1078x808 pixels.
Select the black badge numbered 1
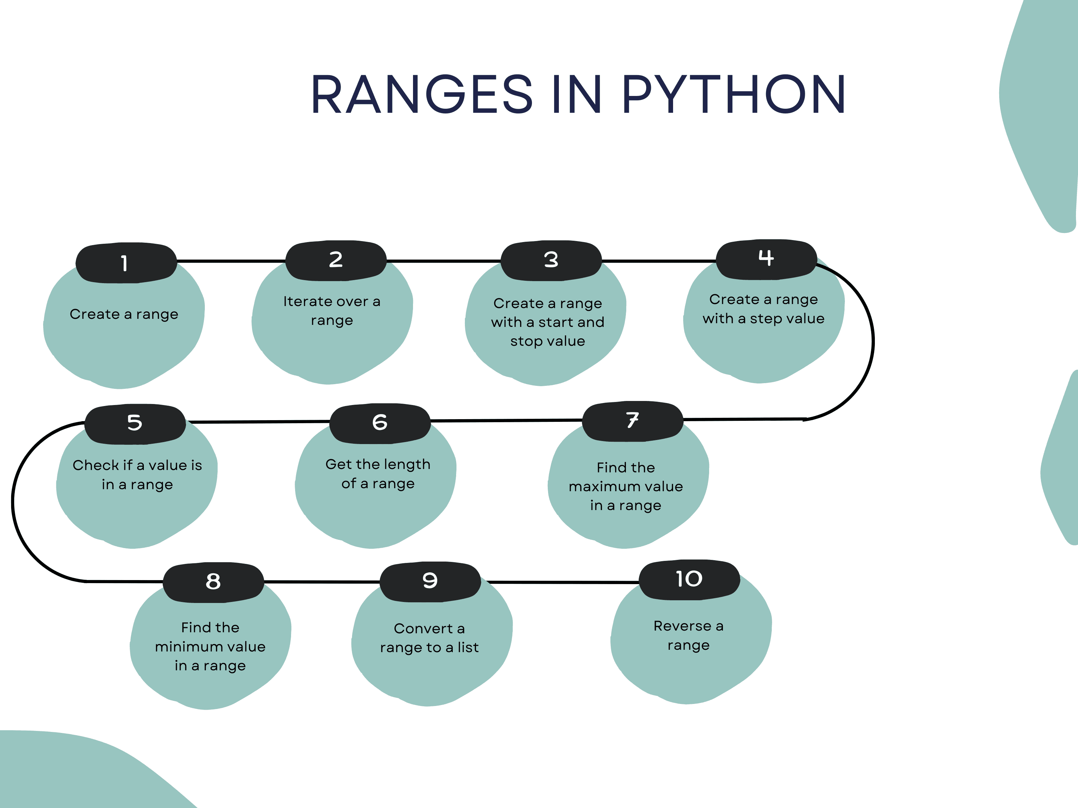126,263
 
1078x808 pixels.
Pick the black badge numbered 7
633,421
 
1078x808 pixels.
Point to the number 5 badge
135,423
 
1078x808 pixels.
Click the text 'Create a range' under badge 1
124,314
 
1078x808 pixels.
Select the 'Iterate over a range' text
332,311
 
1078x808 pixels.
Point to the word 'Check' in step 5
96,466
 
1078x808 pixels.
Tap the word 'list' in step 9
468,647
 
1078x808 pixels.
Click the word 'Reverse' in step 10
682,626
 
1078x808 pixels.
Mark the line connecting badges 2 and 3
443,261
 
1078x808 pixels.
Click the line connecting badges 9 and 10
561,582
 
